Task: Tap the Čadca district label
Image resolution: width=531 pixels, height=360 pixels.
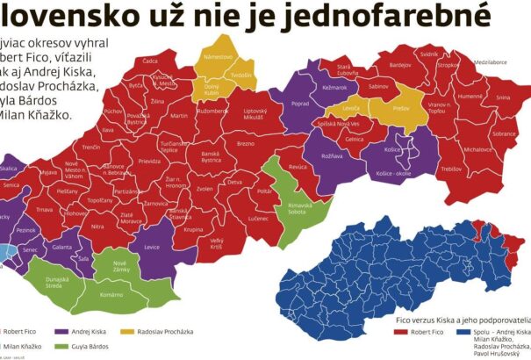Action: click(x=150, y=61)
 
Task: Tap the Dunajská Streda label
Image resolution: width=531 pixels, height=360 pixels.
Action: click(x=57, y=281)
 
